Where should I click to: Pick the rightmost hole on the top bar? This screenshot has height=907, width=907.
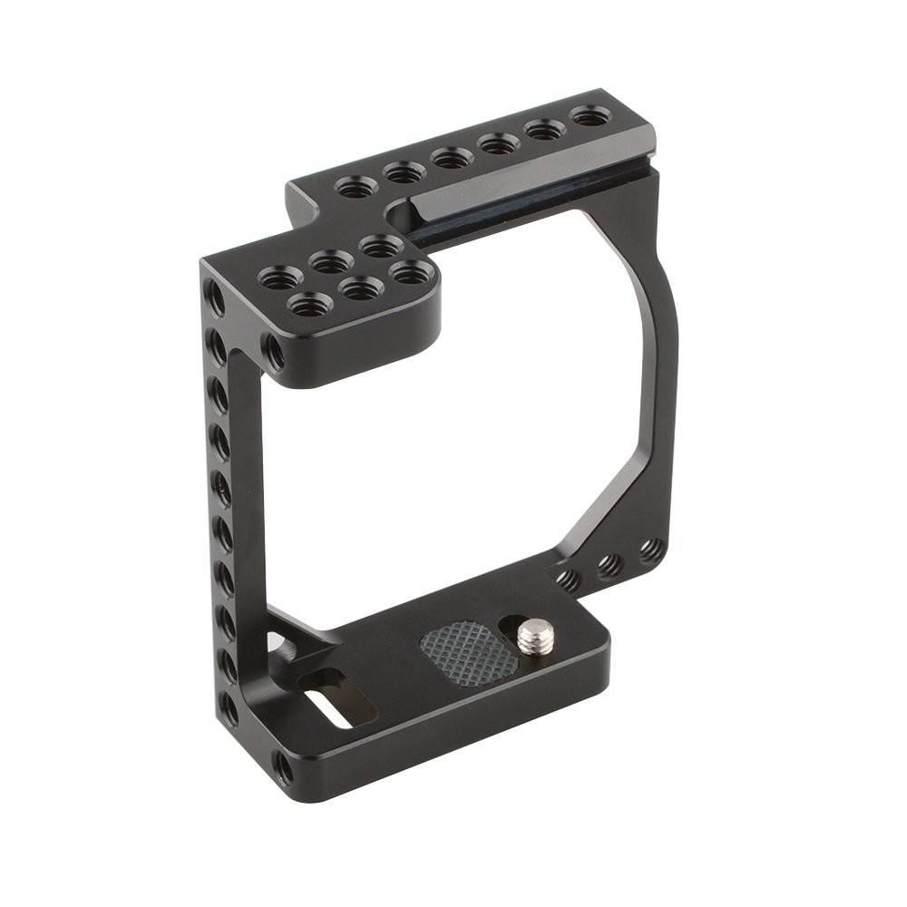tap(590, 116)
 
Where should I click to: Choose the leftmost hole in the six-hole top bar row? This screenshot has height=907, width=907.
tap(356, 188)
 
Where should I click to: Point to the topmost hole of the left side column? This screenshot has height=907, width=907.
tap(215, 297)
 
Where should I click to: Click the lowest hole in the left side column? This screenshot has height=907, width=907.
tap(229, 708)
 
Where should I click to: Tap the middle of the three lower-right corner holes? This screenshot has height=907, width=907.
tap(610, 565)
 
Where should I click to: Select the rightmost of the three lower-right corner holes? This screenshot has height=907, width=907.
tap(650, 550)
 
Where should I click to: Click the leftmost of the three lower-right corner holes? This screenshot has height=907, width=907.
tap(569, 580)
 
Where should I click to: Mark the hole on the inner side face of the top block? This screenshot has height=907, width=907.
tap(273, 351)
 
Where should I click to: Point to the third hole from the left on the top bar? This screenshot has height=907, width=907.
tap(451, 158)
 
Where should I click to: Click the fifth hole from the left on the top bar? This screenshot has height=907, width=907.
tap(545, 130)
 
